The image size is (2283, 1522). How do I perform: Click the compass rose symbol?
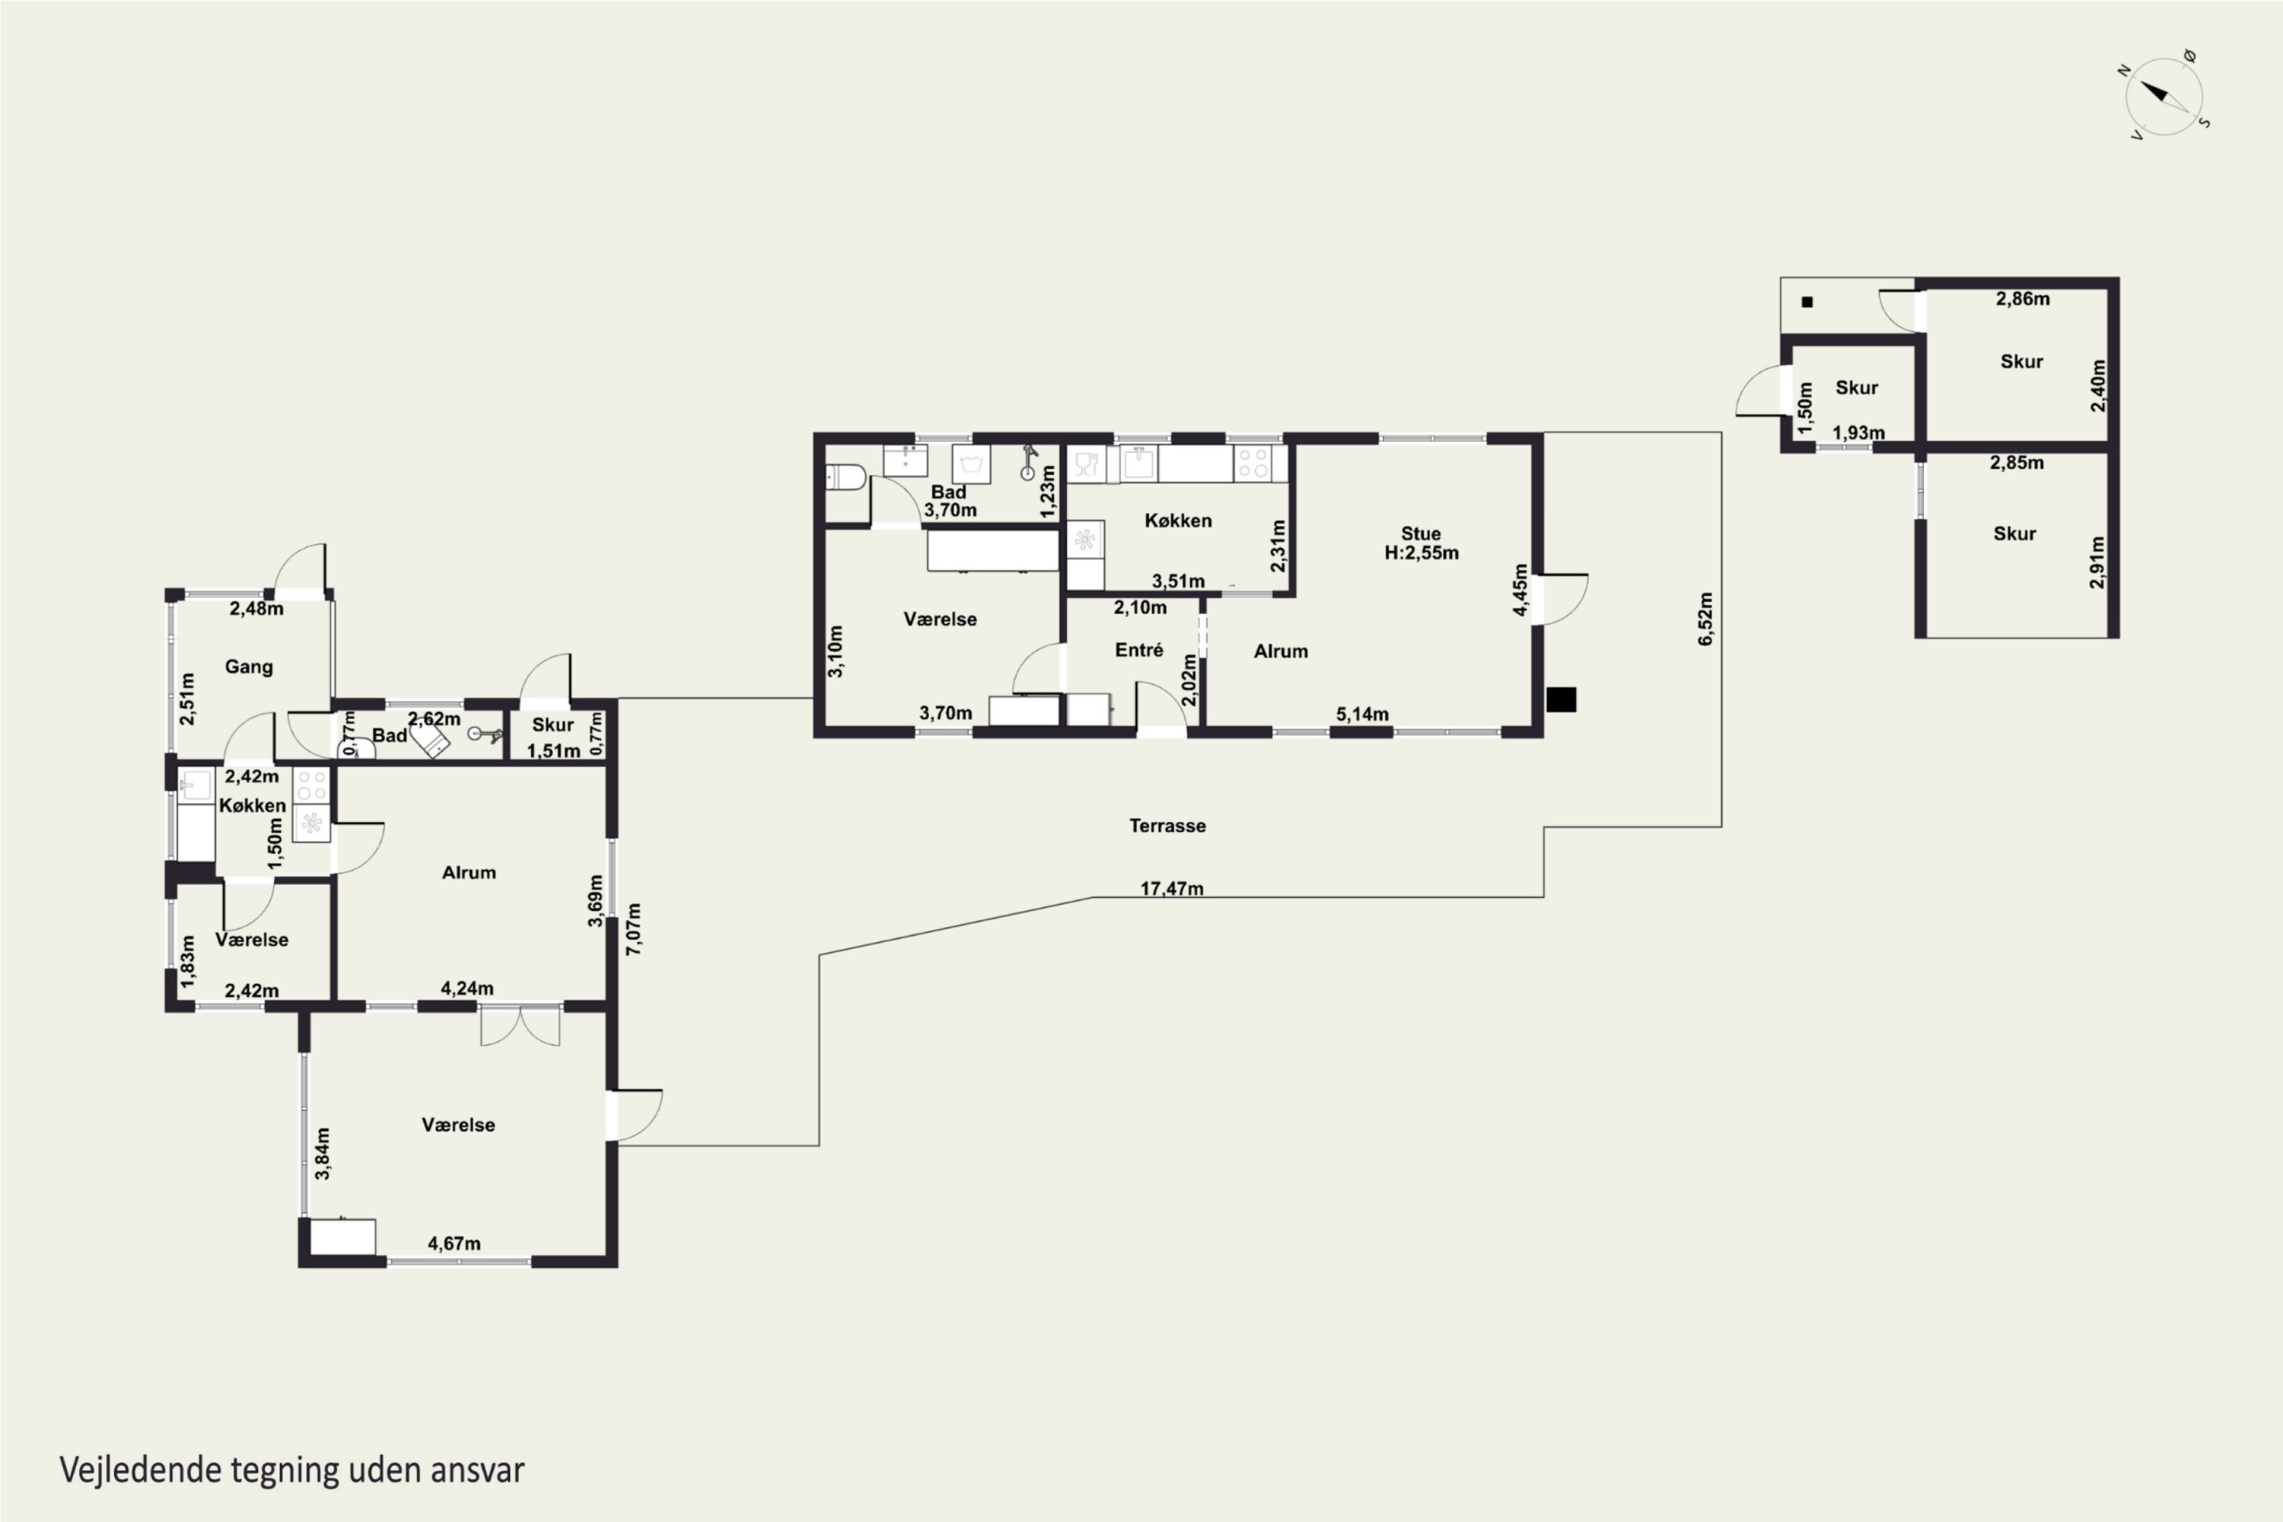click(x=2164, y=96)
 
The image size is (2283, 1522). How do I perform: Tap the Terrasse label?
click(x=1167, y=826)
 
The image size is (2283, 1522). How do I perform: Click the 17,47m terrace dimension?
click(x=1172, y=888)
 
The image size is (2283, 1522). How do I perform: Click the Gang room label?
click(x=249, y=667)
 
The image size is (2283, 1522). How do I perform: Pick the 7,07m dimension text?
click(x=633, y=929)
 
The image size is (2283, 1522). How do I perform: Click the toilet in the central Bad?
click(x=845, y=476)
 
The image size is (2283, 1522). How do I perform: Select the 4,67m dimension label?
click(x=454, y=1243)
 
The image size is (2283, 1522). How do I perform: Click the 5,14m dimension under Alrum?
click(x=1362, y=715)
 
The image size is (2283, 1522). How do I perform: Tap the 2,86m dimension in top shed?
click(x=2023, y=299)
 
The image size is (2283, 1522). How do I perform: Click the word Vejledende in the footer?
click(x=140, y=1469)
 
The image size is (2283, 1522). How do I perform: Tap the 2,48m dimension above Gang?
click(x=256, y=609)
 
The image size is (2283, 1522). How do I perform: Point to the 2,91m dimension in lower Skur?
click(x=2097, y=562)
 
